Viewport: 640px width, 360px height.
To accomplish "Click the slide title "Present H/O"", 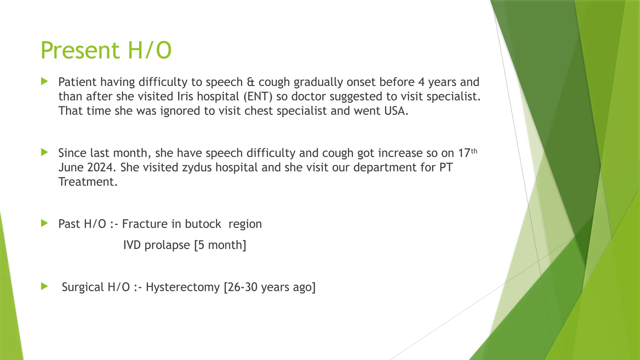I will click(x=106, y=50).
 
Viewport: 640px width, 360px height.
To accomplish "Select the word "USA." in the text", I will click(x=396, y=111).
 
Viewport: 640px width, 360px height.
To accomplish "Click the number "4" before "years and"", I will click(x=421, y=82).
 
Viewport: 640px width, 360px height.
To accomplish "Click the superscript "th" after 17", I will click(x=474, y=151).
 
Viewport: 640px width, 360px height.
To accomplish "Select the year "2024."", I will click(x=102, y=167).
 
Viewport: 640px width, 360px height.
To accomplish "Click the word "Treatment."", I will click(x=88, y=182).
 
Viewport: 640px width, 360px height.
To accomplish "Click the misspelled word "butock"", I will click(x=203, y=224).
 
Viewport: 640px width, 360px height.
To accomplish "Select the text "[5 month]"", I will click(x=220, y=245).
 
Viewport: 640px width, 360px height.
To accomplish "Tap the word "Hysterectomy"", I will click(x=183, y=287).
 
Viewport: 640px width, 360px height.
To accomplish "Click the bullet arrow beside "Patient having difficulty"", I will click(x=44, y=82).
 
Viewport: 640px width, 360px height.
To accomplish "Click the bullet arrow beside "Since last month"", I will click(x=44, y=152).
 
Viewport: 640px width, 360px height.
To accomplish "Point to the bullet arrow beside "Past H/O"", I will click(x=44, y=223).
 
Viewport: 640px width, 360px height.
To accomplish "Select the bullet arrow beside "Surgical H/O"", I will click(x=44, y=286).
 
